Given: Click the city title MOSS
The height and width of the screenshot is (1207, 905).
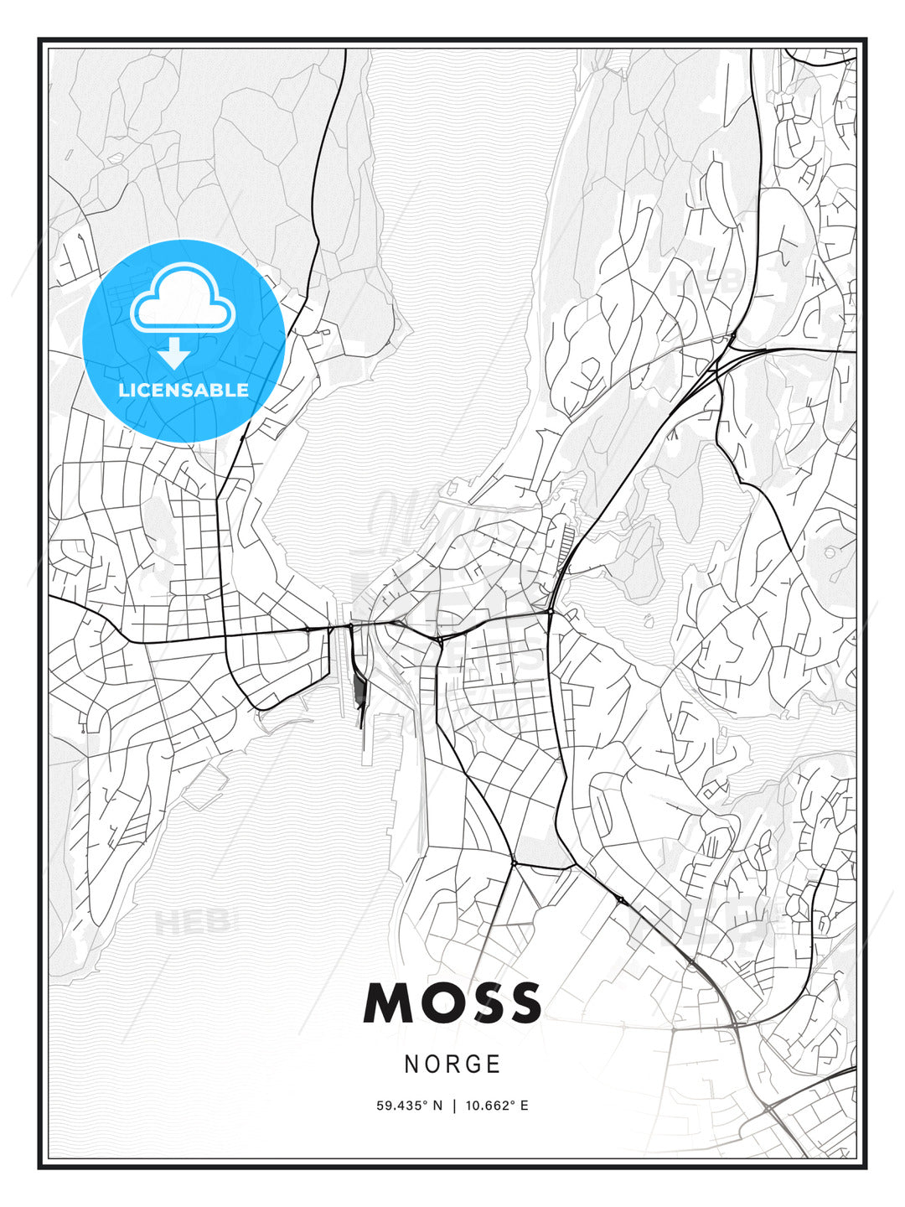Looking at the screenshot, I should tap(452, 1003).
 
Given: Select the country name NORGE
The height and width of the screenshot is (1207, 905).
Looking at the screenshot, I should tap(452, 1065).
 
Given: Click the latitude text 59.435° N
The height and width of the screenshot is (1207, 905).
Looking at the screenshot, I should tap(409, 1106).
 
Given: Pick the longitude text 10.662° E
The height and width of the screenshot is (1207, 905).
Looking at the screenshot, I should tap(497, 1106).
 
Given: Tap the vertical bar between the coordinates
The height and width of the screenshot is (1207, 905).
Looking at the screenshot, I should tap(453, 1106).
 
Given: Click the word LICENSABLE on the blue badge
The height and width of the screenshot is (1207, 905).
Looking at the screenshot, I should tap(184, 390).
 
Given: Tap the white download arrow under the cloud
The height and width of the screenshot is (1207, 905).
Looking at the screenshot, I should tap(174, 353).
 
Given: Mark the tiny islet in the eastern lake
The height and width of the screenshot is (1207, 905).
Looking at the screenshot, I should tap(648, 621).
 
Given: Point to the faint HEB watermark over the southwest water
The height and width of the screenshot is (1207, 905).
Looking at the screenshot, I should tap(192, 923).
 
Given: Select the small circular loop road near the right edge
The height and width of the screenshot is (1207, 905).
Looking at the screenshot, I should tap(830, 552).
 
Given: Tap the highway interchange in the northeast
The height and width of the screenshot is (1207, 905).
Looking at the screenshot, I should tap(727, 352).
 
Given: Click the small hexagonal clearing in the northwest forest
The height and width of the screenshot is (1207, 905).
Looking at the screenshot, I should tap(115, 157).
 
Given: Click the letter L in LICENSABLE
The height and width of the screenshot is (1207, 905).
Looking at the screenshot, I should tap(123, 390).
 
